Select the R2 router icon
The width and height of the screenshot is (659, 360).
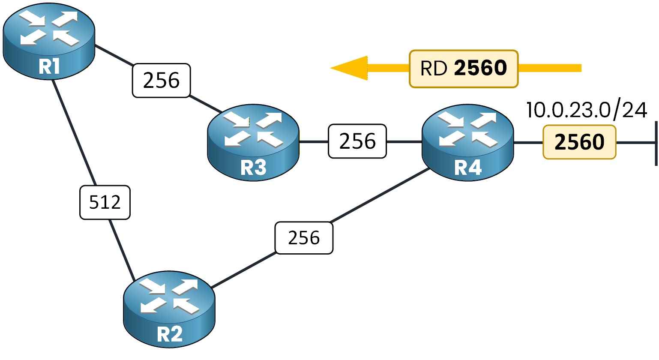tap(169, 309)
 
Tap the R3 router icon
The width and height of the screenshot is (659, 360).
tap(253, 141)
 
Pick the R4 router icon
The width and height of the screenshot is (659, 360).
tap(467, 141)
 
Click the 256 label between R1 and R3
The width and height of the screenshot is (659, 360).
tap(161, 81)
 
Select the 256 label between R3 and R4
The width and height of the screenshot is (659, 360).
tap(357, 141)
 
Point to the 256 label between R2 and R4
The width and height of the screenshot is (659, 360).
tap(304, 238)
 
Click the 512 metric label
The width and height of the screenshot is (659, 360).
tap(105, 202)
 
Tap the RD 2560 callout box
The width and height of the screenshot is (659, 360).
tap(464, 69)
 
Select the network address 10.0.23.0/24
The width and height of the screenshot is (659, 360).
tap(586, 110)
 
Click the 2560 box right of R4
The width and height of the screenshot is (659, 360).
tap(579, 142)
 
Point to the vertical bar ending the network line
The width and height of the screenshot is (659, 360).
tap(656, 143)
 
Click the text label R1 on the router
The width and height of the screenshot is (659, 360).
tap(49, 67)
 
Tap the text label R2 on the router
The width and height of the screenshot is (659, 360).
tap(170, 334)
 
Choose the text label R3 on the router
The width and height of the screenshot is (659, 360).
tap(253, 168)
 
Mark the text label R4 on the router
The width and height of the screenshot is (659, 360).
tap(468, 168)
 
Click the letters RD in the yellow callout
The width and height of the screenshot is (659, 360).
tap(434, 69)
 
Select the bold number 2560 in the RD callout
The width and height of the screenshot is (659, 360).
tap(480, 68)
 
